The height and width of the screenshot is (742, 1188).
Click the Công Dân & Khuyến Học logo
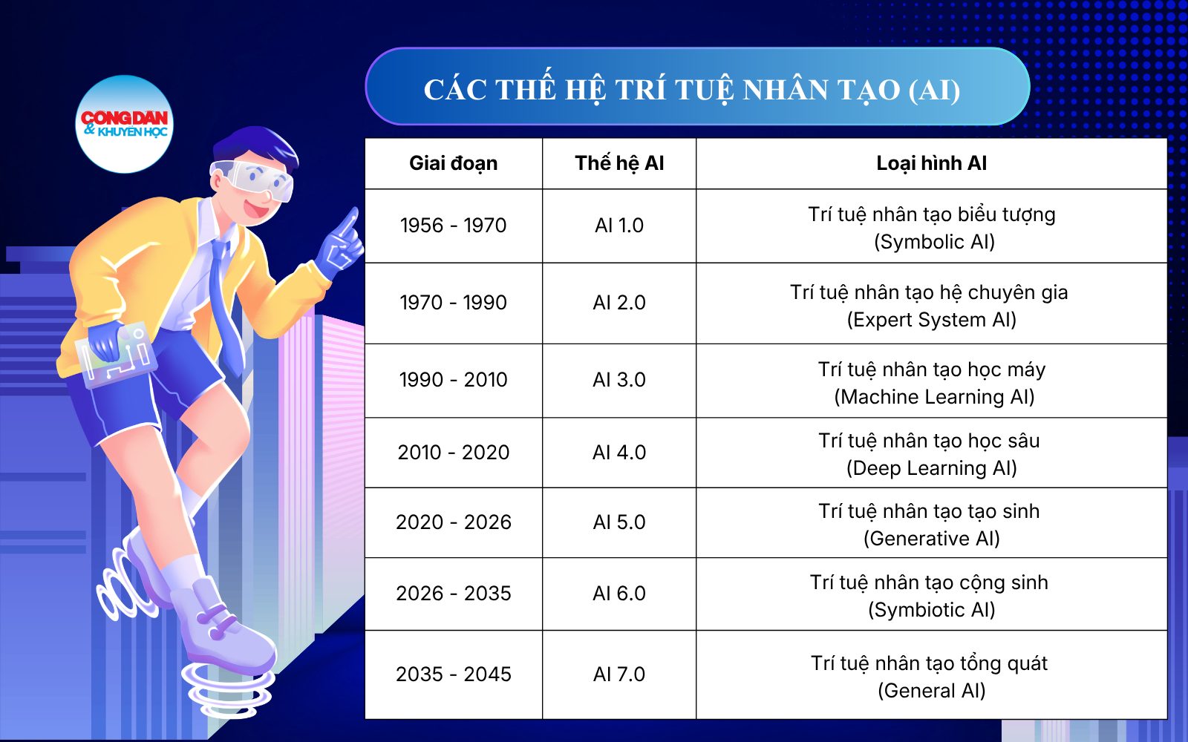[x=125, y=124]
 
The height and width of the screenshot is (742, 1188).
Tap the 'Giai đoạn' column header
[x=454, y=163]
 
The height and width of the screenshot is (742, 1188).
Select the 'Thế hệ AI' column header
[x=619, y=163]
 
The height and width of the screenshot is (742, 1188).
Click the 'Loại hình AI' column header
[x=931, y=163]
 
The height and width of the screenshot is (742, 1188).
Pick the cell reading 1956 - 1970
[x=454, y=226]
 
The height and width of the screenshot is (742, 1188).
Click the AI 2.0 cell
[x=619, y=303]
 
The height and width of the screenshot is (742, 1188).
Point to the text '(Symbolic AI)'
[x=934, y=242]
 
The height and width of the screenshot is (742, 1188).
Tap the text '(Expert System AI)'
[x=931, y=320]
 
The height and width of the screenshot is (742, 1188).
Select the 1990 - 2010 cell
[x=454, y=379]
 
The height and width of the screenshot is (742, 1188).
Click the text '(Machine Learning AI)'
[x=934, y=396]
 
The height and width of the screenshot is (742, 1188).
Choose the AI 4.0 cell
[x=619, y=452]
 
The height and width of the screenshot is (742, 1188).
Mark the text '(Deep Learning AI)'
[x=931, y=468]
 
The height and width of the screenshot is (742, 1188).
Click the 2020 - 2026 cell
[x=454, y=522]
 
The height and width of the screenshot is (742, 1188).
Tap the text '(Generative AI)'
[x=931, y=539]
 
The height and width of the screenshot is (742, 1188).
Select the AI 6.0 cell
[x=619, y=593]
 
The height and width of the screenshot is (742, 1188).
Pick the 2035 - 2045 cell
[x=454, y=674]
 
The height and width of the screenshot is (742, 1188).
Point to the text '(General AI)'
[x=931, y=691]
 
